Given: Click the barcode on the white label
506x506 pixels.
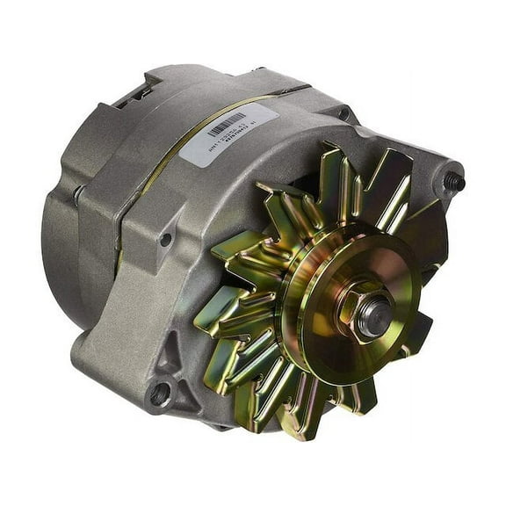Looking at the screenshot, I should pos(226,124).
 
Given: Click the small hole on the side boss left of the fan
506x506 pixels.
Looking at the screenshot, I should pos(165,238).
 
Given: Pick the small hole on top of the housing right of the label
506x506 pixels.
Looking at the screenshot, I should pos(342,114).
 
